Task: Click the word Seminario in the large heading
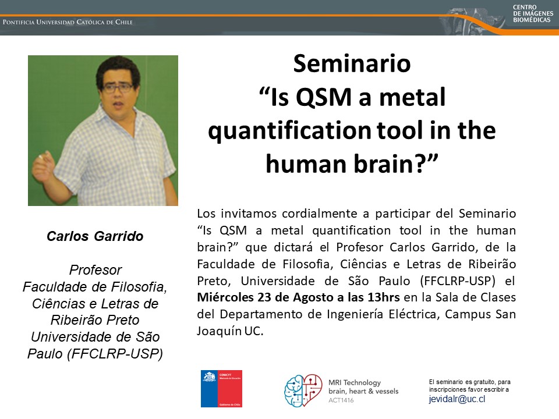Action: click(x=352, y=63)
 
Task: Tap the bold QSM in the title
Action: click(x=324, y=97)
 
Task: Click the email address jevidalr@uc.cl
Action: click(x=457, y=399)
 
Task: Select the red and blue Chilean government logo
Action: click(x=221, y=389)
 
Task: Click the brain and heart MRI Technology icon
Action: click(x=303, y=390)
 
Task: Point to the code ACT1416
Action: click(x=341, y=400)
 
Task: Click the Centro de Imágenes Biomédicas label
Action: click(x=533, y=13)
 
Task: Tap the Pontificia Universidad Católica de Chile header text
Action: click(x=68, y=22)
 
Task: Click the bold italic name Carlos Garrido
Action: click(x=95, y=236)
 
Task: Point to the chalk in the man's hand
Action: click(x=41, y=157)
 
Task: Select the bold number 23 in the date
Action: click(x=264, y=297)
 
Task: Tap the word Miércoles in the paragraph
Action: click(x=225, y=297)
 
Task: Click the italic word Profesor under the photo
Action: click(x=95, y=270)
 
